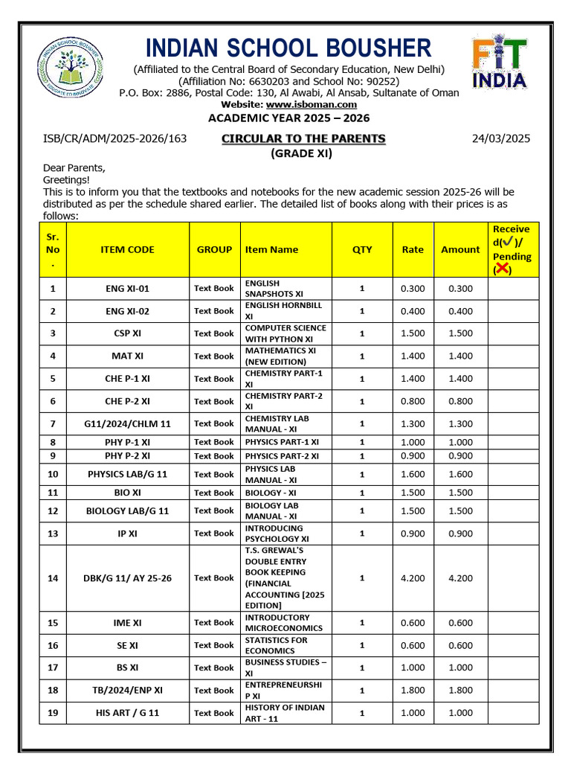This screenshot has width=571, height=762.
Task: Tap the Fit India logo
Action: click(500, 64)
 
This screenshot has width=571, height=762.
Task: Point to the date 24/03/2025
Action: click(501, 138)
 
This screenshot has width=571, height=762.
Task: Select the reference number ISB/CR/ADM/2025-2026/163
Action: click(115, 138)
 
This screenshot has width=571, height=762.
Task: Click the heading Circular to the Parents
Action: click(303, 138)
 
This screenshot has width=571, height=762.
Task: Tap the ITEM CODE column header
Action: click(127, 249)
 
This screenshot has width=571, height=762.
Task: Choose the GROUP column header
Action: click(214, 249)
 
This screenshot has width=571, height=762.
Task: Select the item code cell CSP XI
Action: click(127, 333)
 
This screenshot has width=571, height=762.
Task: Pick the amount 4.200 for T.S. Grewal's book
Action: click(460, 577)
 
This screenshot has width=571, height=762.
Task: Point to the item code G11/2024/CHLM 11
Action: click(127, 423)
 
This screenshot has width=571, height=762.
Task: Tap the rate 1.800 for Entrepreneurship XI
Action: click(413, 690)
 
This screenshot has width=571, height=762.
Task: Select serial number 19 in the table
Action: click(53, 713)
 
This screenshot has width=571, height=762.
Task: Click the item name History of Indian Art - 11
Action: click(285, 713)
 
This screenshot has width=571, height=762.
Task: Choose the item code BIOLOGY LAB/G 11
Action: click(127, 510)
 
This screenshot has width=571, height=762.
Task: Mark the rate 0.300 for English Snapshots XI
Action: click(413, 288)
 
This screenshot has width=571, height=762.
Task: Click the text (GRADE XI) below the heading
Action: click(301, 153)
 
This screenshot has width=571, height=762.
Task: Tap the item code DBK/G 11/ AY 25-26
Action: click(127, 577)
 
